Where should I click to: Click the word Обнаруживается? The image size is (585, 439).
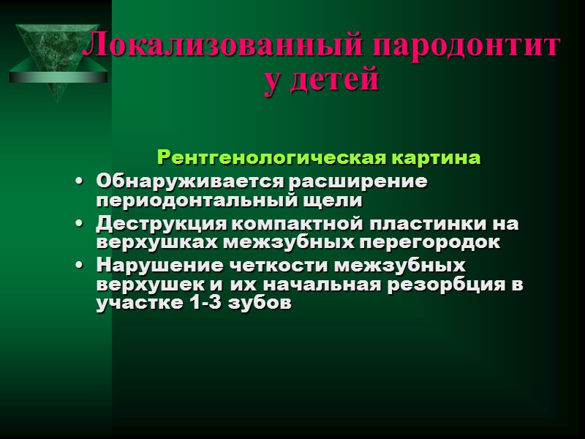pyautogui.click(x=187, y=180)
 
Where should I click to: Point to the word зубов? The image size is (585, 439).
pyautogui.click(x=262, y=304)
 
